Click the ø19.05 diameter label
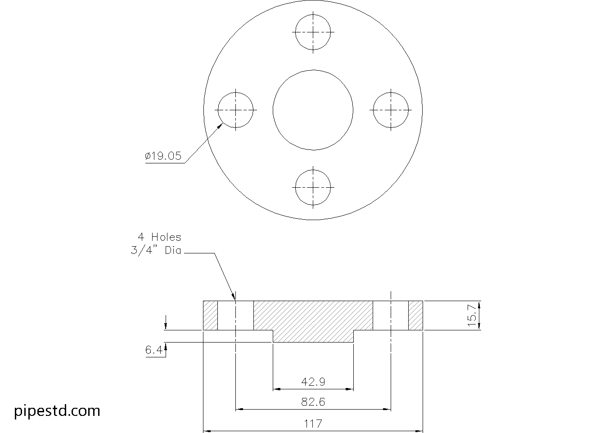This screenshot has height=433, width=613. [163, 156]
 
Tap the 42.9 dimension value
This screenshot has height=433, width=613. [313, 382]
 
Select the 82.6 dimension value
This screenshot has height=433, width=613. [313, 401]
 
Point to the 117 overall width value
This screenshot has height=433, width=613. [313, 424]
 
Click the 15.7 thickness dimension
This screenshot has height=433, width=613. [472, 315]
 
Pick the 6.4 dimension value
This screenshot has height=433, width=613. [153, 350]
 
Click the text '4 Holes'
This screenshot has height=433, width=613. [159, 237]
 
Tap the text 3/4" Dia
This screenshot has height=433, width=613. [156, 251]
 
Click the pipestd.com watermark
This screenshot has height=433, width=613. [57, 410]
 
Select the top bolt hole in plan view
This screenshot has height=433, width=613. [313, 32]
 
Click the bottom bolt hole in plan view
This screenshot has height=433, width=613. [313, 187]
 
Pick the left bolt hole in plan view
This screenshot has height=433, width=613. [236, 110]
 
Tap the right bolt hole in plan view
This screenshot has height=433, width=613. [391, 110]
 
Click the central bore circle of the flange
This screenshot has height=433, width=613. [313, 110]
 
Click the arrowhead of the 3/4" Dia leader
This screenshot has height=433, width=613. [234, 297]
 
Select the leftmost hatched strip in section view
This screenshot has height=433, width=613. [211, 315]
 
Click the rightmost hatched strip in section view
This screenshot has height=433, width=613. [415, 315]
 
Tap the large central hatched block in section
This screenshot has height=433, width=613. [313, 320]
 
